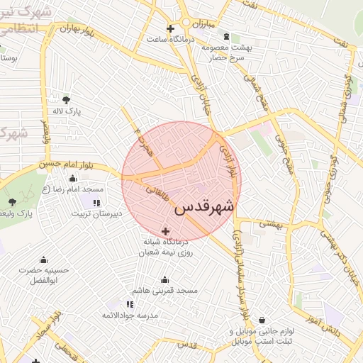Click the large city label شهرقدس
tap(203, 208)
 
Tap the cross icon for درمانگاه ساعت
tap(170, 29)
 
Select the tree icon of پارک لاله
tap(67, 100)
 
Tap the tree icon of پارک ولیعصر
tap(12, 203)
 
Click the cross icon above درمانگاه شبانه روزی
tap(166, 230)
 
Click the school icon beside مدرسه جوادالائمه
tap(130, 304)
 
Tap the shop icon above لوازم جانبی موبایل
tap(263, 320)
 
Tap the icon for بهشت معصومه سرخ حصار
tap(226, 37)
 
